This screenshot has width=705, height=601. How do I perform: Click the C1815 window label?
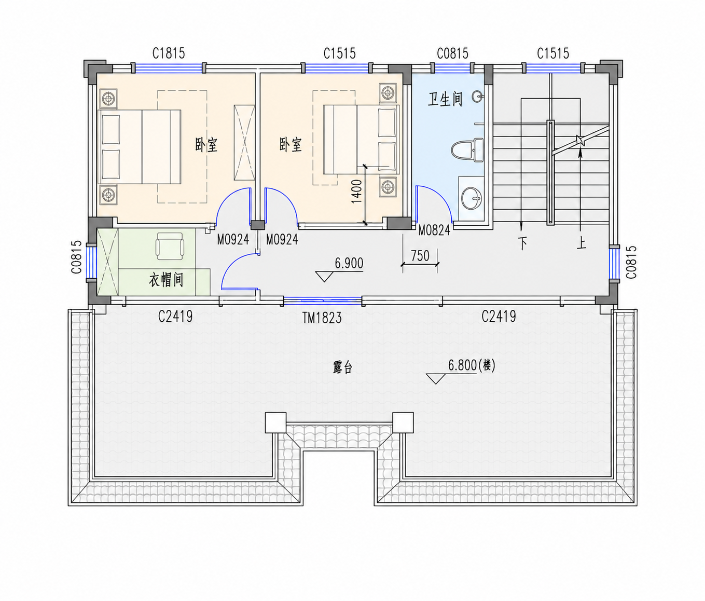point(169,53)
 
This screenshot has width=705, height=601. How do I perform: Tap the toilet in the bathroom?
point(467,150)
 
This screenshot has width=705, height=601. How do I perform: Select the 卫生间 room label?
point(445,99)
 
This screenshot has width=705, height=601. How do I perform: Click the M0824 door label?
point(434,231)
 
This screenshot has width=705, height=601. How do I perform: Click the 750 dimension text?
point(420,256)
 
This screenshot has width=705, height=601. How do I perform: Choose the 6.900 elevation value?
point(349,263)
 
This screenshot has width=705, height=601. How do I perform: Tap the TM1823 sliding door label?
point(322,318)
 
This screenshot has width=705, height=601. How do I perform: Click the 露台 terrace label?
point(342,367)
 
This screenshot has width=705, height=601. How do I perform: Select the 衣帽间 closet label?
point(166,280)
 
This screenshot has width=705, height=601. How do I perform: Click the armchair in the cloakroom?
point(170,244)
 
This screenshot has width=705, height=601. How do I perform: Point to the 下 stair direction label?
point(522,243)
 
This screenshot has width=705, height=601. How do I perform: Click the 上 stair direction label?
point(581,243)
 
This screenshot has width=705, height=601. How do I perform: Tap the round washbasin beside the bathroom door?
point(472,198)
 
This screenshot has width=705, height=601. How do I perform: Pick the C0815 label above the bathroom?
point(452,53)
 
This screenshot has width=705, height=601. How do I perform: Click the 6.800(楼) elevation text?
point(472,365)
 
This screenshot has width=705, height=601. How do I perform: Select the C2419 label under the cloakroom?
point(175,317)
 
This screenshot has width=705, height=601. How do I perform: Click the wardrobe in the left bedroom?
point(244,143)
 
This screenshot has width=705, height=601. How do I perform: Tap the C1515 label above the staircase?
point(553,53)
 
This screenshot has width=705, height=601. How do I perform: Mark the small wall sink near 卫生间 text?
point(478,97)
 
